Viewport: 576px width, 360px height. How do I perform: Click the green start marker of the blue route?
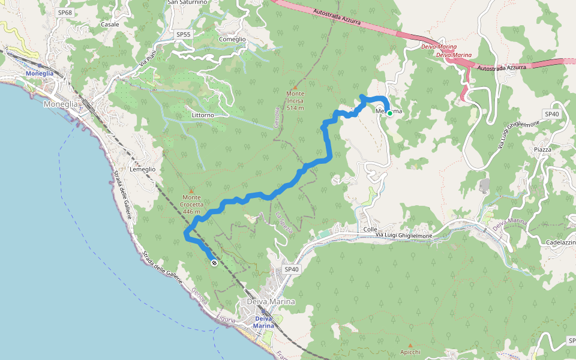coord(389,113)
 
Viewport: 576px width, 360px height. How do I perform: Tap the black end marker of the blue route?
coord(214,263)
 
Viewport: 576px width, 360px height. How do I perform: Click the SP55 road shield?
coord(184,35)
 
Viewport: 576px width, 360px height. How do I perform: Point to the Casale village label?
coord(110,25)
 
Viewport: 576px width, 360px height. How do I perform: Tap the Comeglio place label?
coord(233,39)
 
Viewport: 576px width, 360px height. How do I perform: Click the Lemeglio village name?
coord(142,169)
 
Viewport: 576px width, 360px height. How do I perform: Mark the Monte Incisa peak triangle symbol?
coord(295,87)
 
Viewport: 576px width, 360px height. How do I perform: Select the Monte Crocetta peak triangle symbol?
coord(191,191)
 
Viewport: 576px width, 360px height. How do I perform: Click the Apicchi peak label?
coord(410,352)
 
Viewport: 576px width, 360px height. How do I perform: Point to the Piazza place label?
coord(542,149)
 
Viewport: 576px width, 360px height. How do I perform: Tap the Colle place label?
coord(370,230)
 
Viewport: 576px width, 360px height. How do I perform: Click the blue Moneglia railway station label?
coord(40,73)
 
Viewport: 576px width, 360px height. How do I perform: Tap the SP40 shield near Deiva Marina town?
coord(292,269)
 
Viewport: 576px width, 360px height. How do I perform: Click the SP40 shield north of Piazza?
coord(551,114)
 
